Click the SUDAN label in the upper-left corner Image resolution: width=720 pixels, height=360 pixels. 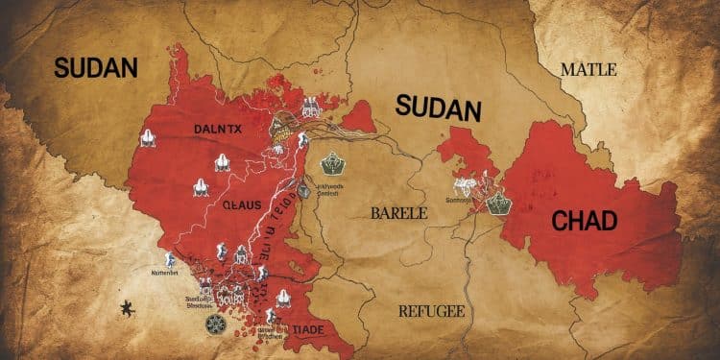point(96,67)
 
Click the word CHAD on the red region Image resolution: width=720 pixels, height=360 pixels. point(590,221)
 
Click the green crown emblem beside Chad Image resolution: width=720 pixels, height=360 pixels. point(498,204)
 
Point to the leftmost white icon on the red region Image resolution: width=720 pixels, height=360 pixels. point(148,140)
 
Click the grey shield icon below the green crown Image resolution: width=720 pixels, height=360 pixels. point(304,191)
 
